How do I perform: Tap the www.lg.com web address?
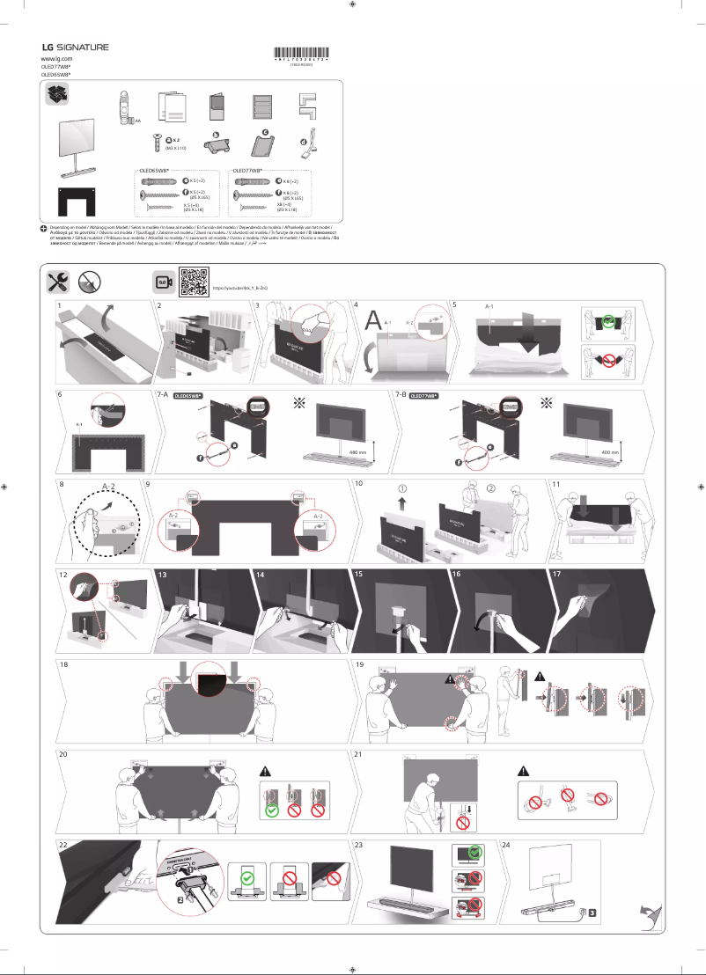pos(57,58)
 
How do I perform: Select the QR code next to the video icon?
pos(192,282)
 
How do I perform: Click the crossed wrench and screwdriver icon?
pos(58,282)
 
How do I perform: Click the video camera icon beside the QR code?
pos(162,282)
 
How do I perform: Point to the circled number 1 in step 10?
pos(402,488)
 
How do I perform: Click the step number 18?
pos(63,664)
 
